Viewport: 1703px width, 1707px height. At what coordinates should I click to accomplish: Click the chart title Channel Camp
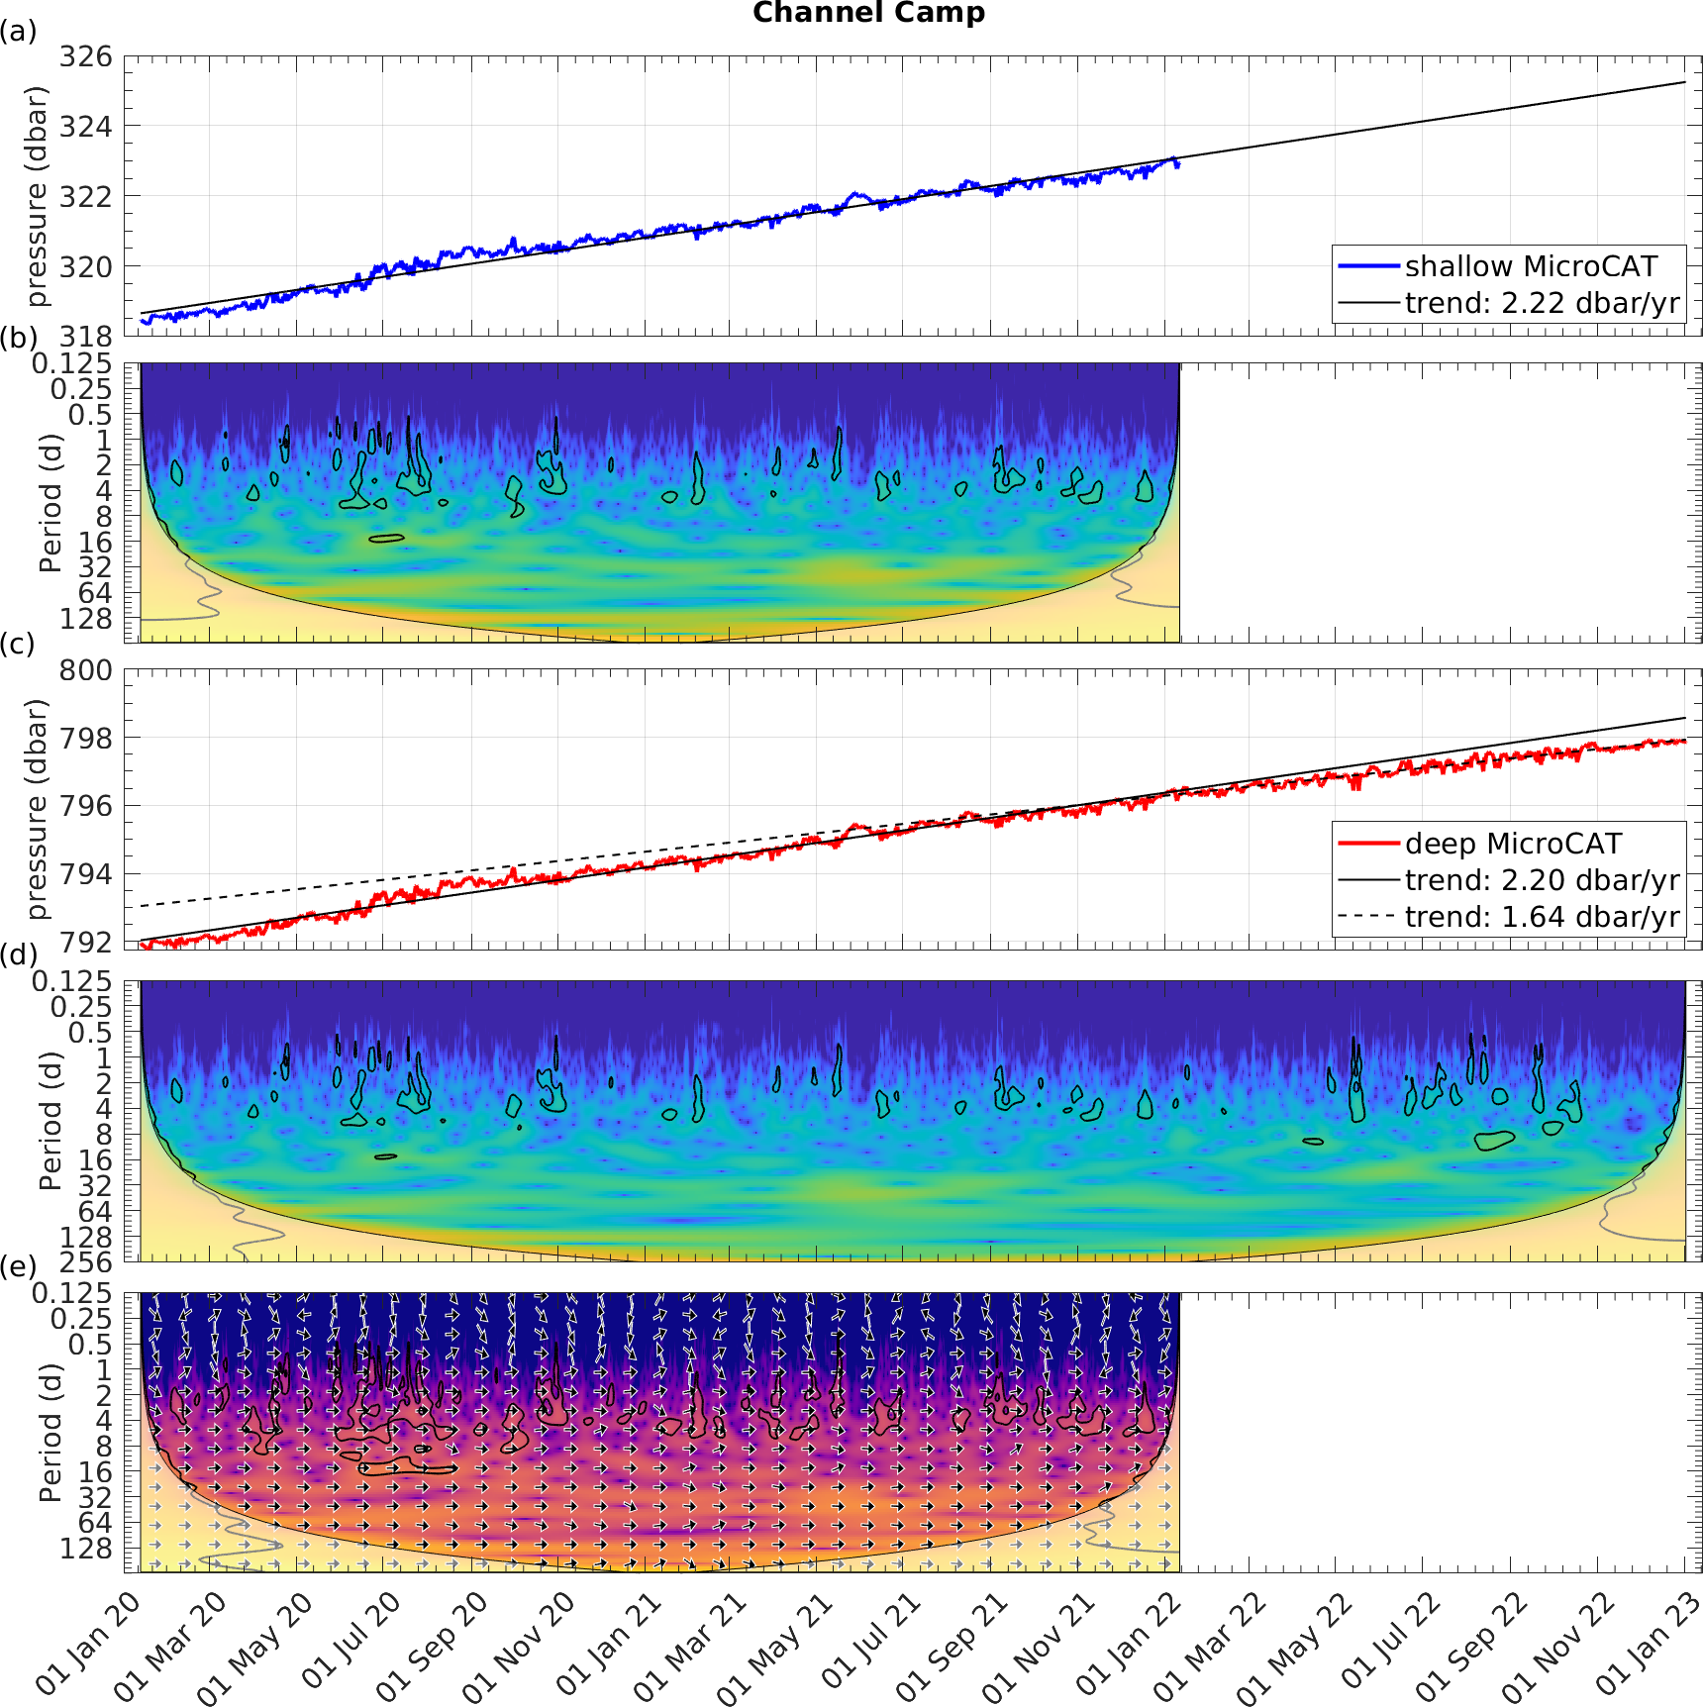coord(868,13)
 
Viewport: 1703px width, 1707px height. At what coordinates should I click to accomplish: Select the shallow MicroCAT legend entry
coord(1530,266)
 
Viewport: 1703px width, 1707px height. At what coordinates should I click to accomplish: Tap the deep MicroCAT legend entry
coord(1513,844)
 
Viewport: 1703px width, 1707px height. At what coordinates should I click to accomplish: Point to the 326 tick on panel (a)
coord(86,56)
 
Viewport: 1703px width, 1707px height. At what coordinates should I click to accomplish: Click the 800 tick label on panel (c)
coord(86,670)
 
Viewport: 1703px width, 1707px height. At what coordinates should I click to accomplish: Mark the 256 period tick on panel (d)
coord(86,1262)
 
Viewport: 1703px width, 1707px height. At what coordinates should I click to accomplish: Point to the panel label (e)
coord(18,1266)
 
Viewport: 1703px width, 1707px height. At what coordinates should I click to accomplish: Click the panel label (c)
coord(18,644)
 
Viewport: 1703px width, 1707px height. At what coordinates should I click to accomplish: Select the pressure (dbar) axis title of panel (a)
coord(37,196)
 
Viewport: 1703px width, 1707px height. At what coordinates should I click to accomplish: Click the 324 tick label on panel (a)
coord(86,127)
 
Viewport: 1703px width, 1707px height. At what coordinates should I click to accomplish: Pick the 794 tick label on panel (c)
coord(86,874)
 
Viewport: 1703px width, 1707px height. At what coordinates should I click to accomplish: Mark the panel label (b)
coord(18,338)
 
